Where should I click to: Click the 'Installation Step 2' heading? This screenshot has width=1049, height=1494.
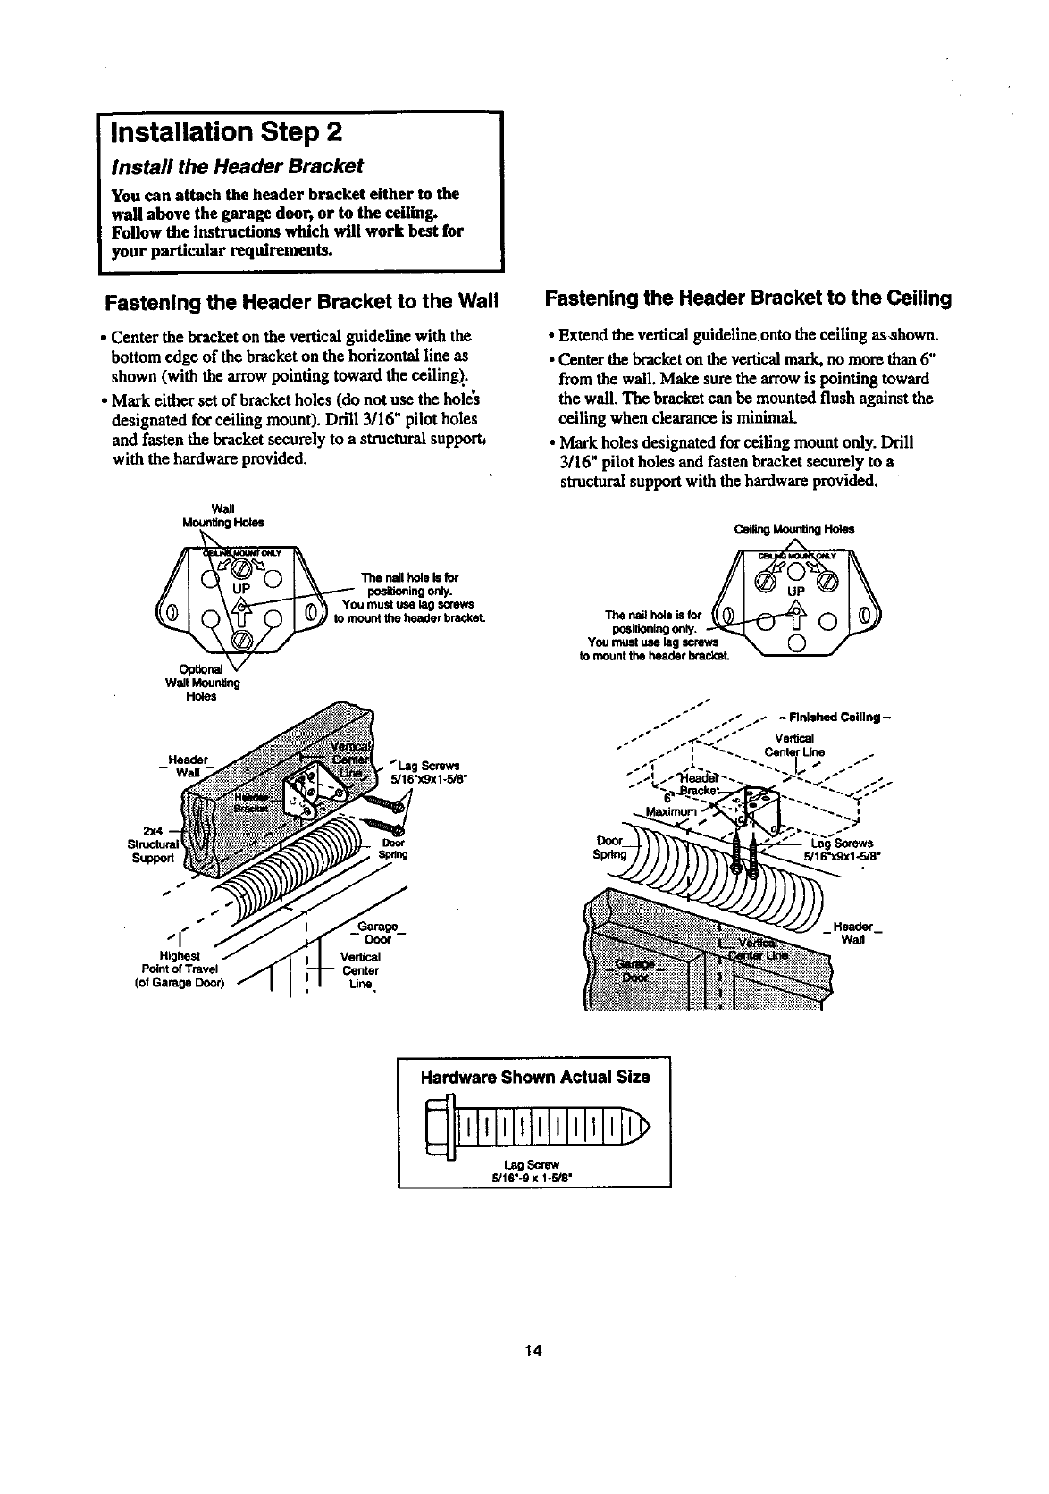tap(223, 133)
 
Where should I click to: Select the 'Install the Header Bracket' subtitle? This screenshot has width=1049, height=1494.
tap(237, 166)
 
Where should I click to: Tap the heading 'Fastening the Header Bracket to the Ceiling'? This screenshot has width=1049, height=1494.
tap(748, 298)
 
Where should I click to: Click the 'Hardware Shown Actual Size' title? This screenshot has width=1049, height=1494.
tap(534, 1077)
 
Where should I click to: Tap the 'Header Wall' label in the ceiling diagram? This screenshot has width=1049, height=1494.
tap(856, 933)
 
